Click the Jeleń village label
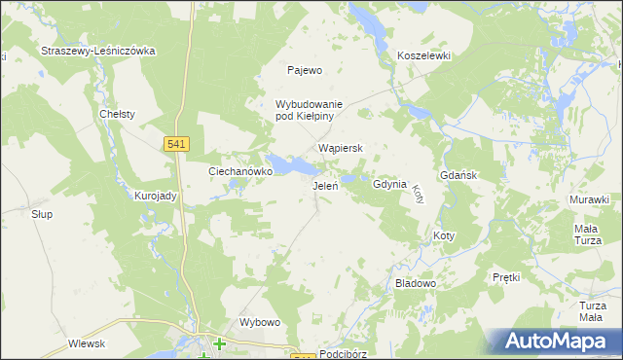point(324,186)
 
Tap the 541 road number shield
point(176,144)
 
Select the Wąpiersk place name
point(341,149)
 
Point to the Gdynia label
point(388,184)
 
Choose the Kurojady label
point(155,196)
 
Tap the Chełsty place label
point(117,114)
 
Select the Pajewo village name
point(304,70)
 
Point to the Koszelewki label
point(423,56)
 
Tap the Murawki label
point(589,199)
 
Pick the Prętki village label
point(506,277)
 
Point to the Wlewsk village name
point(87,343)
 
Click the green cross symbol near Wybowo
point(220,343)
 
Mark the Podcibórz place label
point(347,354)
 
